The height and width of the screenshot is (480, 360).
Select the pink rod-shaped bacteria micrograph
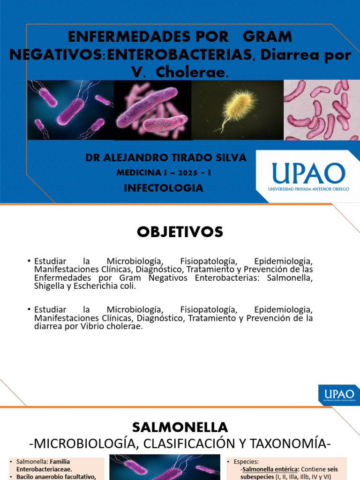(322, 110)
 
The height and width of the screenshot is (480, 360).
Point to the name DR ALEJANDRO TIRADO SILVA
(165, 158)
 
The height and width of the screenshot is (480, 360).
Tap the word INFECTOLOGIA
(163, 188)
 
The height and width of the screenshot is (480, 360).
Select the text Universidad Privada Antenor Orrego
(306, 189)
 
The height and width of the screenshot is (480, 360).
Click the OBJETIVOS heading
(180, 232)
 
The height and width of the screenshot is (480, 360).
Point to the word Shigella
(50, 286)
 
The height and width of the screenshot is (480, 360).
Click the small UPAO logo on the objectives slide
(339, 394)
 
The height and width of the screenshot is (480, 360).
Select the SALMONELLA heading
(180, 427)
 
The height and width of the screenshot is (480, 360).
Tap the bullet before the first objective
(29, 261)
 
